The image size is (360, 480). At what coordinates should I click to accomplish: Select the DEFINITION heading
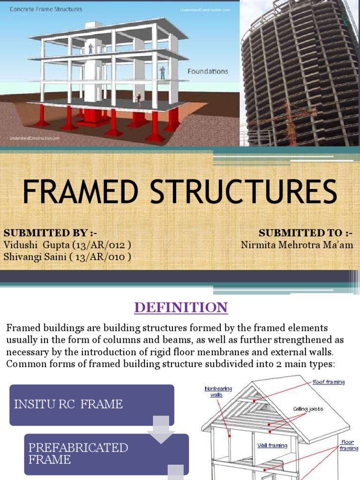pos(180,307)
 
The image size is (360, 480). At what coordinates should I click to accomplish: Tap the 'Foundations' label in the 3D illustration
pos(208,72)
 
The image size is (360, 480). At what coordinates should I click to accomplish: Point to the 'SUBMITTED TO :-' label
pos(305,233)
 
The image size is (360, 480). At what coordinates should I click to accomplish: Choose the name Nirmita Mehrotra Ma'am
pos(297,245)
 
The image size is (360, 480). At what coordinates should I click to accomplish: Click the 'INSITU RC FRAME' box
pos(91,405)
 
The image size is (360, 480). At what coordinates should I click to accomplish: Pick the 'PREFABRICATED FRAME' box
pos(106,453)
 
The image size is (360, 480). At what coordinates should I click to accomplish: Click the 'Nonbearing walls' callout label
pos(218,391)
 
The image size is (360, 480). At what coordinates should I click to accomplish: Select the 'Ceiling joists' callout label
pos(308,409)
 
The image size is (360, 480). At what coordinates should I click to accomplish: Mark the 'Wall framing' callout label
pos(272,445)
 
